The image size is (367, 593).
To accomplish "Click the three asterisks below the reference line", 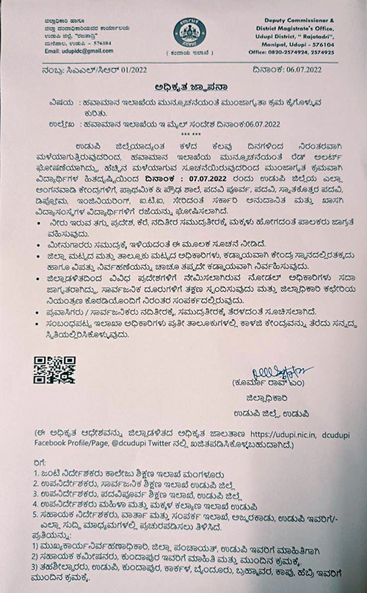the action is tap(185, 134).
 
